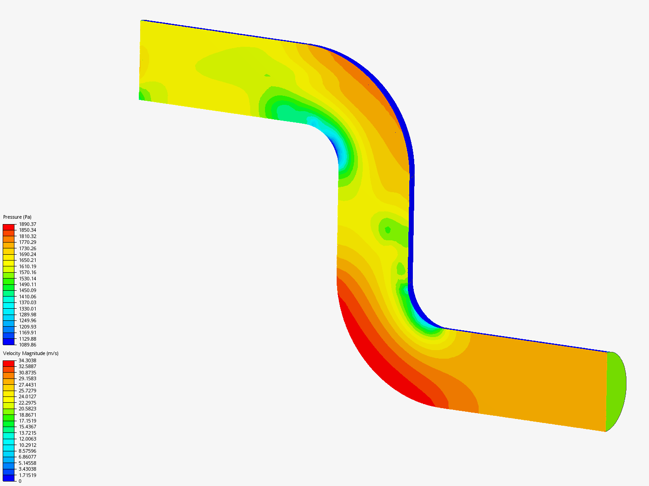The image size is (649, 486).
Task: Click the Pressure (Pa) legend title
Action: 17,217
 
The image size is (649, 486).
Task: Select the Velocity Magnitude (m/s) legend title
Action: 31,354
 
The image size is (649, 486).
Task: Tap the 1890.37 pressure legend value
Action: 27,224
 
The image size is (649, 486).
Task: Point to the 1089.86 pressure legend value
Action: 27,345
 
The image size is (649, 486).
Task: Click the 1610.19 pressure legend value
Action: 27,266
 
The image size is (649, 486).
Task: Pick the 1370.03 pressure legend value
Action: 27,302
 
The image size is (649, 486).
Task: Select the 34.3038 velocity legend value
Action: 27,360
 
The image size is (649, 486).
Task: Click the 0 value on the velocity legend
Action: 20,481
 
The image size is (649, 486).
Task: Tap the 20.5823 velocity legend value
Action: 27,409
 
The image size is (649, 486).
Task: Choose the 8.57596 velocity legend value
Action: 27,451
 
